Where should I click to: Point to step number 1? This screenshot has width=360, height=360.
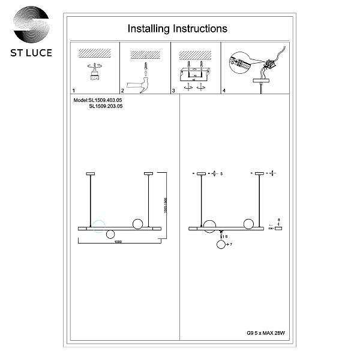73,91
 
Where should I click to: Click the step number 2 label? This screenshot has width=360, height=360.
122,91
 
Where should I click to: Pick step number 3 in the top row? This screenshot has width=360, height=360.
173,91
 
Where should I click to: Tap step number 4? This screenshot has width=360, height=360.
224,91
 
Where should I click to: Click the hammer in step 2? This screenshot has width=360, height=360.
143,80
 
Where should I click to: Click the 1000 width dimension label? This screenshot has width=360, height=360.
118,242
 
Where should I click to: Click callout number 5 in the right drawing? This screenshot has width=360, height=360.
221,173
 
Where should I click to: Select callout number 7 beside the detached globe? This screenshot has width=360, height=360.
230,245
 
